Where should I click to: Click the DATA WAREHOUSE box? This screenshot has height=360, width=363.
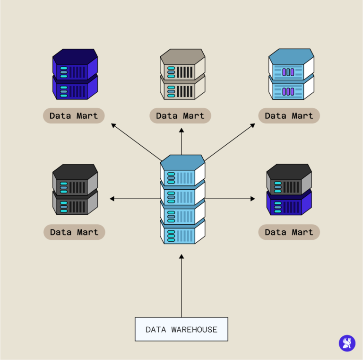pyautogui.click(x=181, y=329)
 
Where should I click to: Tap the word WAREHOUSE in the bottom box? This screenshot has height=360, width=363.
pyautogui.click(x=195, y=330)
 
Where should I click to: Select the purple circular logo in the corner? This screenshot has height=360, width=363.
pyautogui.click(x=347, y=343)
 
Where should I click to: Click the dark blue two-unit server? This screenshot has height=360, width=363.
pyautogui.click(x=75, y=74)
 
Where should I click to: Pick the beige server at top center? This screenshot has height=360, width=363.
pyautogui.click(x=182, y=74)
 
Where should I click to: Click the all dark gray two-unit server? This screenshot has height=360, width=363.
pyautogui.click(x=75, y=190)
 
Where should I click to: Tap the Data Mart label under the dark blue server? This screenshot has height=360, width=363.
pyautogui.click(x=74, y=116)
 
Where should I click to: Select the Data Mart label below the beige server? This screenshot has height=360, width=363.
pyautogui.click(x=181, y=116)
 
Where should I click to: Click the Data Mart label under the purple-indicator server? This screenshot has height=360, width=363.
pyautogui.click(x=289, y=116)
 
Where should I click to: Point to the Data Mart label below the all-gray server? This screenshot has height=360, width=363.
pyautogui.click(x=74, y=232)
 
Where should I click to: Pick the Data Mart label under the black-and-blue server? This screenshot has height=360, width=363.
pyautogui.click(x=289, y=232)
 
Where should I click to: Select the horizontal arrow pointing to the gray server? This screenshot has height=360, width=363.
pyautogui.click(x=135, y=199)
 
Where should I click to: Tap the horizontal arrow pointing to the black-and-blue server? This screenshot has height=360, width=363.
pyautogui.click(x=230, y=199)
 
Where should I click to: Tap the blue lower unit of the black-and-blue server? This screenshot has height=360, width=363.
pyautogui.click(x=289, y=204)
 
